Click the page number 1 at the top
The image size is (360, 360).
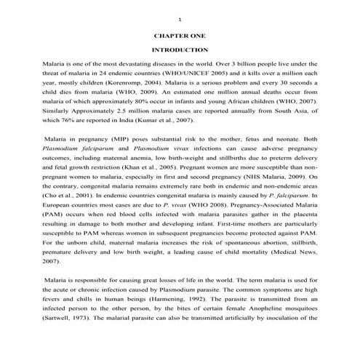pyautogui.click(x=179, y=16)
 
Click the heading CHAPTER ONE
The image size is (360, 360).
pyautogui.click(x=179, y=34)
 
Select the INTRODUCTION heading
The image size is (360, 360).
pyautogui.click(x=179, y=49)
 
